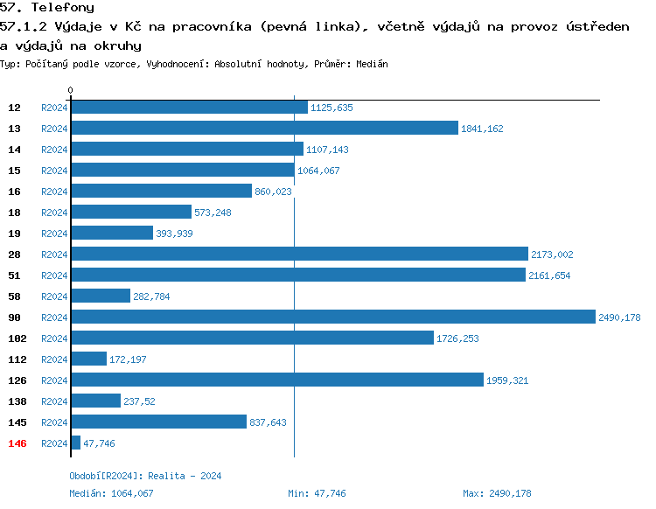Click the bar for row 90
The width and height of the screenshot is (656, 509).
(x=332, y=317)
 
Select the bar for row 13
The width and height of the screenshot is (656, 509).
(x=264, y=129)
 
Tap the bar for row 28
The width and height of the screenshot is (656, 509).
(x=299, y=254)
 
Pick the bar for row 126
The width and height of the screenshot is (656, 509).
(x=276, y=380)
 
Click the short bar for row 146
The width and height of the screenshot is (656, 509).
(x=75, y=443)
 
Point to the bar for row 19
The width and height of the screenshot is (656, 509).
(x=112, y=234)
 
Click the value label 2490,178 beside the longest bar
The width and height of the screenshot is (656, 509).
(x=619, y=317)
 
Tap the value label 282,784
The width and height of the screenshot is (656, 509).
(x=151, y=296)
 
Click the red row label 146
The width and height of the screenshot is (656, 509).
(x=17, y=443)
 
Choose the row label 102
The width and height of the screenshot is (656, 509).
(x=17, y=338)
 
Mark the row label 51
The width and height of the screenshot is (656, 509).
(x=15, y=275)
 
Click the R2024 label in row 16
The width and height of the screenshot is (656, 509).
(x=54, y=192)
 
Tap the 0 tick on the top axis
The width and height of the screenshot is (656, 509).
(x=71, y=90)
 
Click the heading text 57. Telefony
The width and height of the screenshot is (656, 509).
(x=47, y=8)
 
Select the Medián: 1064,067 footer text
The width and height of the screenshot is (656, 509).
(x=111, y=493)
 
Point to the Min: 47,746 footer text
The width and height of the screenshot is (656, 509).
(x=317, y=493)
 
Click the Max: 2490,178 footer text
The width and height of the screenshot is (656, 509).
(x=497, y=493)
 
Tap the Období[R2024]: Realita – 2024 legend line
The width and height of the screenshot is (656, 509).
(x=145, y=476)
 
